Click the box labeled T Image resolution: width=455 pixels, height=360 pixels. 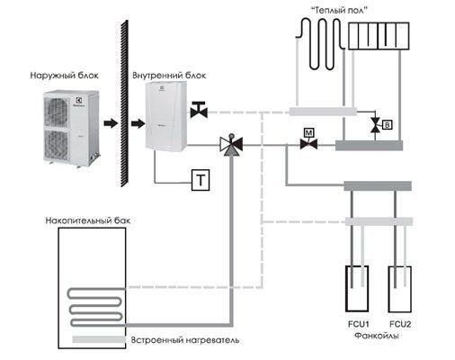pos(201,180)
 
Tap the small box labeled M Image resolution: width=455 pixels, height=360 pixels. pos(308,132)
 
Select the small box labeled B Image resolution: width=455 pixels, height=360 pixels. pos(388,125)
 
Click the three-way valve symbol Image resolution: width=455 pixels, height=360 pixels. pos(231,145)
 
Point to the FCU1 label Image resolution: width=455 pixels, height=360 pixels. pos(358,324)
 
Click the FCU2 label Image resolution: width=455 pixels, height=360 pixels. pos(400,324)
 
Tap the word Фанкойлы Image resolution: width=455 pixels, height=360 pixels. pos(377,336)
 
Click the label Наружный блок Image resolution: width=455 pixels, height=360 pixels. pos(64,76)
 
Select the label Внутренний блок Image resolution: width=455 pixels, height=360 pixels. pos(169,76)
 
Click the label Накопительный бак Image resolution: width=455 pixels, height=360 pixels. pos(88,220)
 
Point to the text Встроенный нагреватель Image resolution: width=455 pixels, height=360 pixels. pos(185,340)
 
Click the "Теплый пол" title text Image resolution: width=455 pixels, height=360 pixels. pos(339,10)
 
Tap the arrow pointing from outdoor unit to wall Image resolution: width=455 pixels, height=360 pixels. pos(111,123)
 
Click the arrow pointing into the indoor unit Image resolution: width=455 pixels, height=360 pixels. pos(138,123)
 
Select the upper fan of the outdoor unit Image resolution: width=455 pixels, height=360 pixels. pos(56,112)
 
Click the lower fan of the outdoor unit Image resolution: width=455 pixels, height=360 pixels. pos(56,145)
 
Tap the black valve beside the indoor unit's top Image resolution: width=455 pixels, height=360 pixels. pos(199,110)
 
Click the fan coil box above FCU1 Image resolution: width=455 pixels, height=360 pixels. pos(357,289)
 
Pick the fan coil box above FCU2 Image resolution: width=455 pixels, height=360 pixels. pos(400,290)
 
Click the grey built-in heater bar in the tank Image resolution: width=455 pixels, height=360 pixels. pos(99,339)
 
